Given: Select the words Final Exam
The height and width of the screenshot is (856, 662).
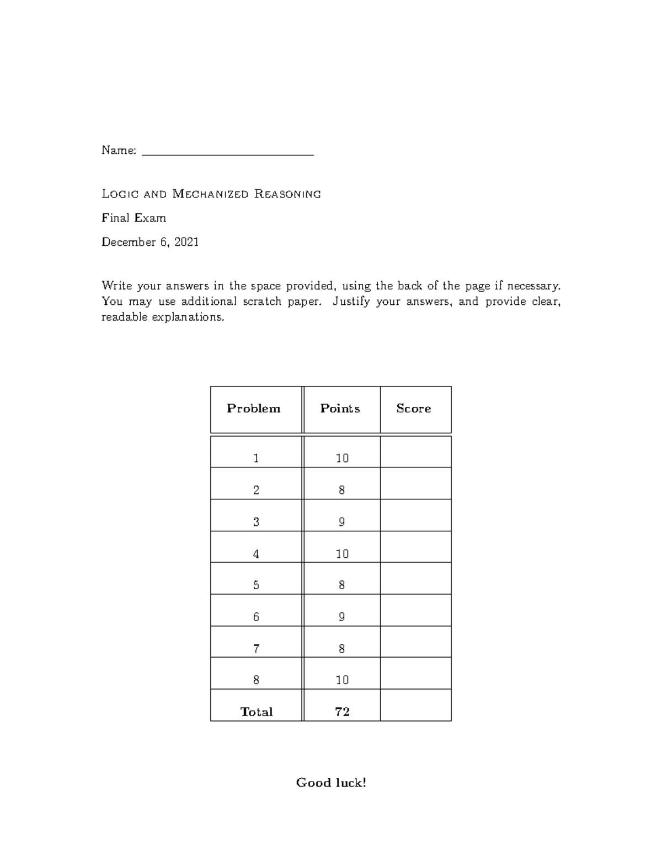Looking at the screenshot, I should (x=134, y=218).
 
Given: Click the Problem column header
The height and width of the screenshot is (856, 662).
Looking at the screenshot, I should (x=254, y=408).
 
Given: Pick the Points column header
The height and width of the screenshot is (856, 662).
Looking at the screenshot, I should (x=340, y=408).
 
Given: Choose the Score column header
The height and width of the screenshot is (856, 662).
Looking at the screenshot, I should (x=414, y=408).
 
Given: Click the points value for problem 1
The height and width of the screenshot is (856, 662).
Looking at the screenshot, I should (x=342, y=458).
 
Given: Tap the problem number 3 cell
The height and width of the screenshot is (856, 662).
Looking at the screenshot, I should (x=256, y=521).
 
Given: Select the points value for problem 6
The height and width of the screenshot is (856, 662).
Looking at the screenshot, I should (x=342, y=617).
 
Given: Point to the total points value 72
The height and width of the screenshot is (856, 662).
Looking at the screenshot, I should (x=342, y=712).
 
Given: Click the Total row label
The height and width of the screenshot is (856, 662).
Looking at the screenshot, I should (x=257, y=712).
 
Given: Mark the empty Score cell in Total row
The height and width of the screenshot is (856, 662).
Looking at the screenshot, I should (x=415, y=706).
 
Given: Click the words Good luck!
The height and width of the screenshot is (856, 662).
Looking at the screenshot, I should (x=331, y=783).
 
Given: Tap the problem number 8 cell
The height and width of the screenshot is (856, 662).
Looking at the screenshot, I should (x=256, y=680).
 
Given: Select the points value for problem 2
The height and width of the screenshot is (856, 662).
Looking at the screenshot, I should (x=342, y=490).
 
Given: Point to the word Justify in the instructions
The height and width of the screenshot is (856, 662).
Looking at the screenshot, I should (x=351, y=302).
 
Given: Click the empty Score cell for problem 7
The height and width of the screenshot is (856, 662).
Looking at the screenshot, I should (x=415, y=642).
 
